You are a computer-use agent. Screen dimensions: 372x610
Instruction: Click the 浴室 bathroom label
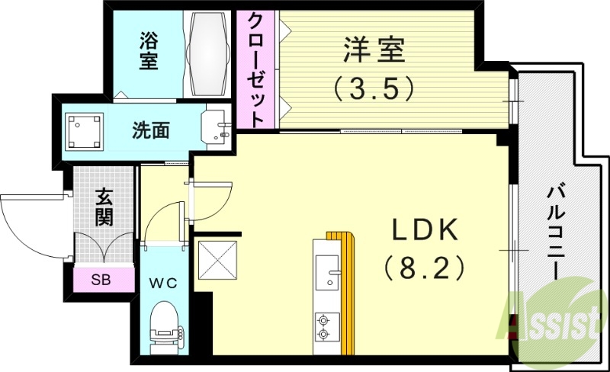tap(149, 50)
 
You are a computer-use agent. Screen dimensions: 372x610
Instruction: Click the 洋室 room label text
tap(374, 53)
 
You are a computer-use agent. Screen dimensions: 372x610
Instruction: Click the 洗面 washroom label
tap(150, 130)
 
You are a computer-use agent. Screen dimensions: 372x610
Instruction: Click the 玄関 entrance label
tap(104, 207)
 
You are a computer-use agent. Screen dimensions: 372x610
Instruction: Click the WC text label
tap(162, 284)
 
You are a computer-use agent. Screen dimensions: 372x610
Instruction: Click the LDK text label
tap(424, 229)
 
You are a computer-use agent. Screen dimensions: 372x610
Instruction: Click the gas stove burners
tap(324, 325)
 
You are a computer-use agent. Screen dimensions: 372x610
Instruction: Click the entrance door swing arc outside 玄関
tap(30, 221)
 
